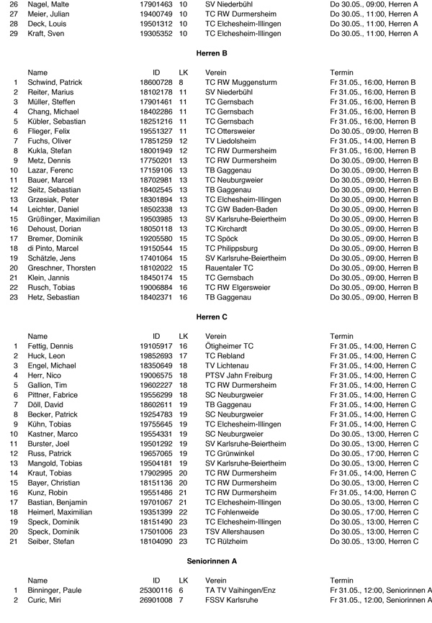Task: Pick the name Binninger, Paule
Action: (x=54, y=590)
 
